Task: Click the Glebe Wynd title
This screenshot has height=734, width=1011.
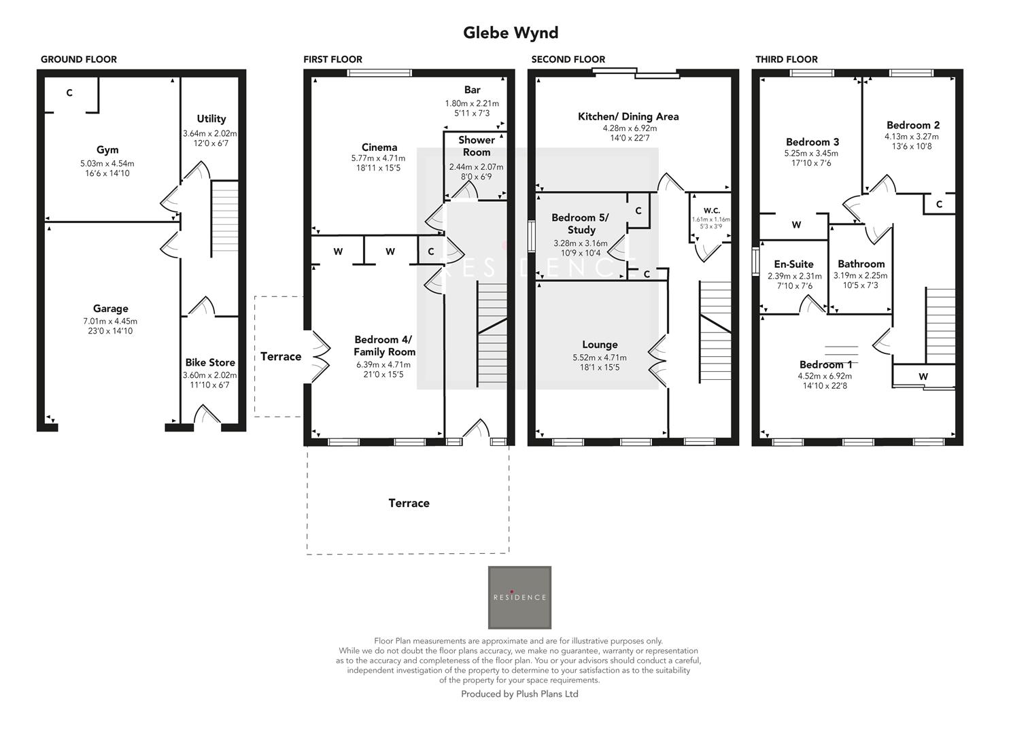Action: (511, 33)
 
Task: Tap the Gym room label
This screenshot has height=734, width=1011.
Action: (107, 150)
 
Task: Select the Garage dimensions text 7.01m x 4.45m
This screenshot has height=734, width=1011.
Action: (110, 321)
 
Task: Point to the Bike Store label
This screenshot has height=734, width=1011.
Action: (210, 363)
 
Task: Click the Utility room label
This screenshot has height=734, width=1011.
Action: (211, 119)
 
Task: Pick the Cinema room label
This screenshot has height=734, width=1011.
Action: (379, 147)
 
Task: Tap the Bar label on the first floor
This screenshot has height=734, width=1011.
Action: (473, 90)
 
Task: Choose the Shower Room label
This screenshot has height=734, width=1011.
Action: (477, 146)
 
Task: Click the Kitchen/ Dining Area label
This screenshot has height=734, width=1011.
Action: (628, 117)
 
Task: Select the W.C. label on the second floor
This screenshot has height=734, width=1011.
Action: (711, 211)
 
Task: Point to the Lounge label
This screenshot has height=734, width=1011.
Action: (600, 345)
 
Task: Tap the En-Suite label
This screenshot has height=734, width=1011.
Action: (793, 264)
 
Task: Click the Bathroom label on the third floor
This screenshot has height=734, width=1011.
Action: (861, 264)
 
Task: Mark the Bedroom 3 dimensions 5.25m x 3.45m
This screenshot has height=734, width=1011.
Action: (811, 154)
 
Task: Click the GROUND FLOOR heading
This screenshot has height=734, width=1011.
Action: (79, 60)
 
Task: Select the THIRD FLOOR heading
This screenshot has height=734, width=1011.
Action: (787, 60)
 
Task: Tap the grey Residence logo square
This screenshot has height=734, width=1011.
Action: (519, 597)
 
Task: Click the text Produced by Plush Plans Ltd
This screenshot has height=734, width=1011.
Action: (519, 694)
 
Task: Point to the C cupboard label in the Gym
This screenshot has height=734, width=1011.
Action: (69, 93)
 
